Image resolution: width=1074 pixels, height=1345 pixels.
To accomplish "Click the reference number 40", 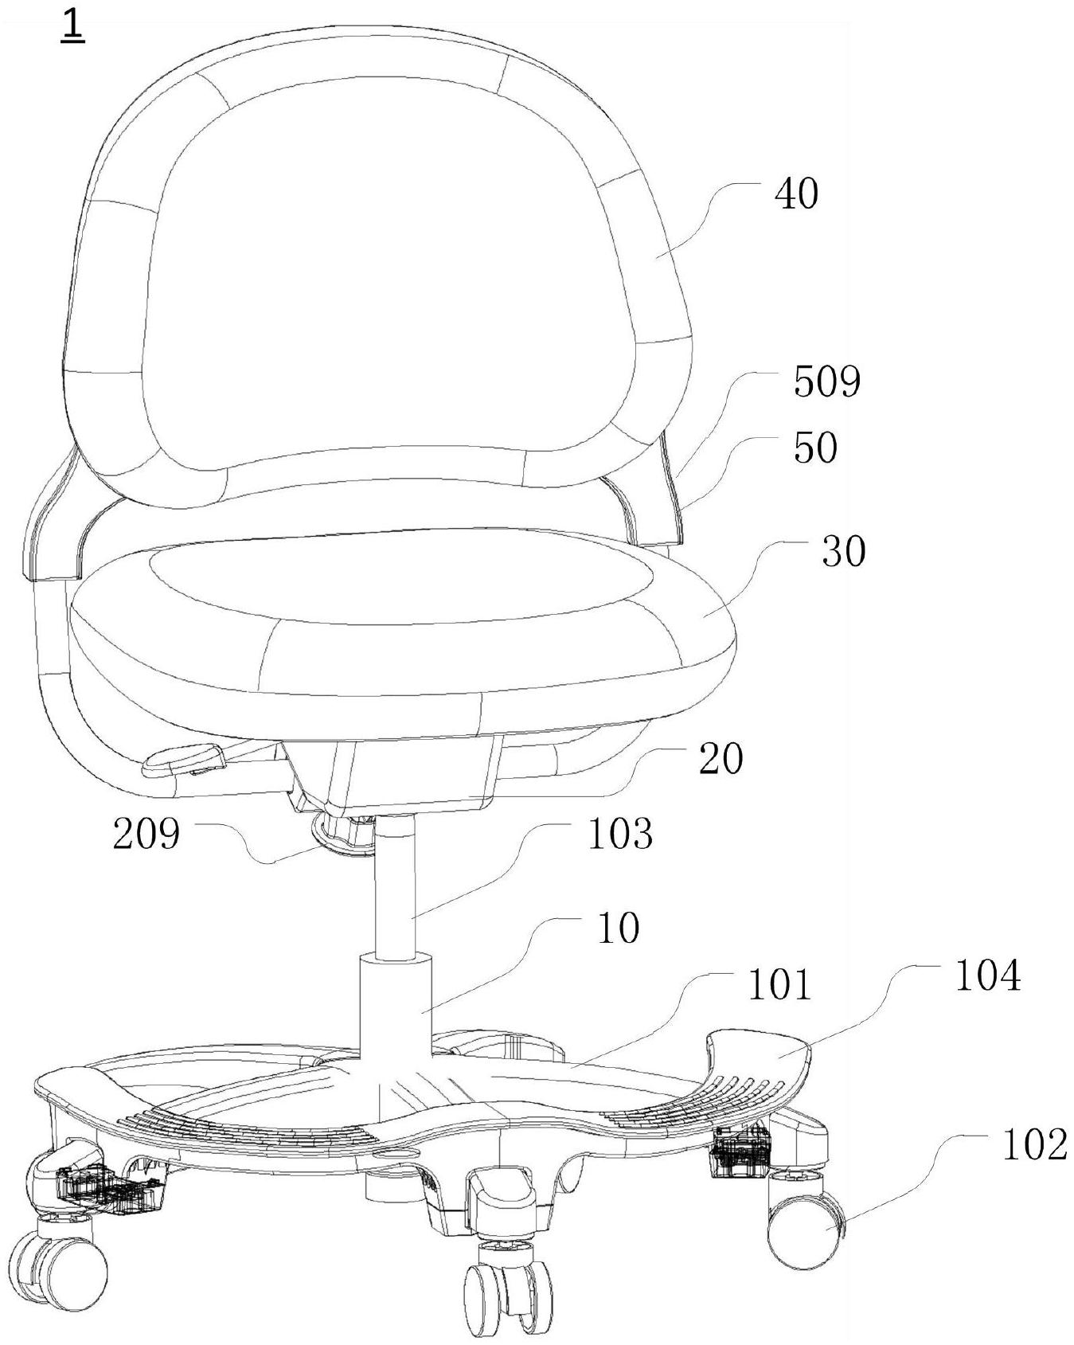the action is pyautogui.click(x=796, y=194).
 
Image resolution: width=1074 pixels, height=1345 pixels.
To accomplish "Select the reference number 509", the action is pyautogui.click(x=827, y=382).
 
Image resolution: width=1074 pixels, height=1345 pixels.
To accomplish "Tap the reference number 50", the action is pyautogui.click(x=815, y=448).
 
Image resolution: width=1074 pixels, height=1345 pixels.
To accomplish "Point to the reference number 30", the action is pyautogui.click(x=843, y=551).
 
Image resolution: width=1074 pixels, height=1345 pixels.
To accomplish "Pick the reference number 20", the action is pyautogui.click(x=721, y=759).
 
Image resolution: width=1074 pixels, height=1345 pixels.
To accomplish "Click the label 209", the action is pyautogui.click(x=146, y=834).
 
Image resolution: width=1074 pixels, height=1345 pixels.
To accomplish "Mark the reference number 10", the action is pyautogui.click(x=619, y=928).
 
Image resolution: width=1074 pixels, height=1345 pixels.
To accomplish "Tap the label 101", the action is pyautogui.click(x=779, y=985).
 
